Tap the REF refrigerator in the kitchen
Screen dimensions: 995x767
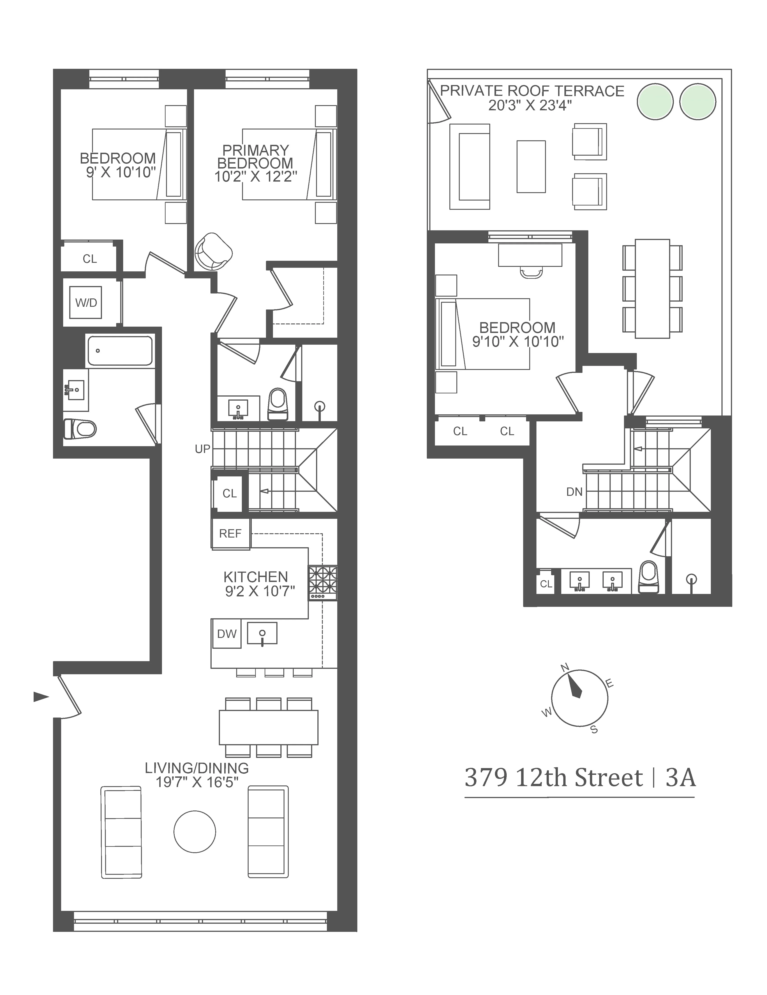pos(230,533)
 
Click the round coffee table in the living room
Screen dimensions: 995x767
pos(195,831)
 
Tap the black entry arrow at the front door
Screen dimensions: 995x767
pos(41,697)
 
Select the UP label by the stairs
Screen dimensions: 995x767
pos(202,449)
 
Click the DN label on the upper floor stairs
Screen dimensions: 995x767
pos(574,492)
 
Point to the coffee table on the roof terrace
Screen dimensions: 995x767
pos(531,166)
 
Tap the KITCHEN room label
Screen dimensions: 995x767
pos(256,577)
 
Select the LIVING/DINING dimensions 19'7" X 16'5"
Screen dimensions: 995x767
pos(197,782)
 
